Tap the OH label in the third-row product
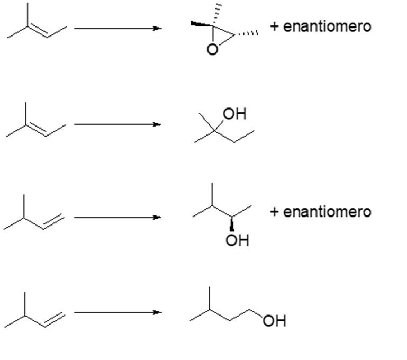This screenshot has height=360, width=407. coord(237,241)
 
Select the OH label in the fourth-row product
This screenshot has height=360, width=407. coord(274,321)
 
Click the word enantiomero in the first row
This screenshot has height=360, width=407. coord(327,26)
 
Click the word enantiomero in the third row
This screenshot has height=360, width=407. coord(327,212)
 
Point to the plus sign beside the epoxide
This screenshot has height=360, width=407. coord(274,26)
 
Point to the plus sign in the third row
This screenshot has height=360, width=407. coord(274,212)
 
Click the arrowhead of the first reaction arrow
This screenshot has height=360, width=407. coord(157,28)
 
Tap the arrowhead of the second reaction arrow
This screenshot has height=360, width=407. coord(157,124)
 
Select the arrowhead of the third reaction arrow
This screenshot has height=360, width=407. coord(157,218)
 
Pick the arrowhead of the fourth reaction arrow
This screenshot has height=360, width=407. coord(157,312)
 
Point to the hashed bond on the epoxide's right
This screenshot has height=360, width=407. coord(246,34)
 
